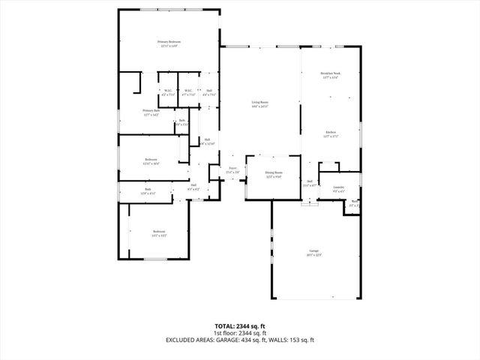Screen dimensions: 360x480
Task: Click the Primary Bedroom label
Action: click(x=169, y=42)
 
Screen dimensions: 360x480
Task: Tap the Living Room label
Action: click(x=259, y=102)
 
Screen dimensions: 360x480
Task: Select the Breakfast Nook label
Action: click(x=331, y=73)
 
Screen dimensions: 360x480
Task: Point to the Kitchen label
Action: click(x=331, y=133)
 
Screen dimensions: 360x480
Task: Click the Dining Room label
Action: click(x=273, y=172)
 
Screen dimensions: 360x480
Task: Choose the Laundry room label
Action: click(x=338, y=187)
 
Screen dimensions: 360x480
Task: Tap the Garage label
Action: click(x=314, y=250)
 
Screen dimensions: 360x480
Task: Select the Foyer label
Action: click(x=232, y=169)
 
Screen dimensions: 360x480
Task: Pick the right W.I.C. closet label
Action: click(x=189, y=91)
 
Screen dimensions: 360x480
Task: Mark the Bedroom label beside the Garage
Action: click(x=158, y=231)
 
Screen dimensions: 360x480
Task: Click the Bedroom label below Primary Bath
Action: click(x=151, y=159)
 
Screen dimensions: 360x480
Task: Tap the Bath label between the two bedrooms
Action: click(x=148, y=189)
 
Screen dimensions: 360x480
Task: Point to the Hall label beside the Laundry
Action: click(x=309, y=181)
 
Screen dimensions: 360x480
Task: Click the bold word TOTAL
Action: click(x=226, y=326)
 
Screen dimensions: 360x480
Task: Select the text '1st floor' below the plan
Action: click(x=225, y=333)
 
